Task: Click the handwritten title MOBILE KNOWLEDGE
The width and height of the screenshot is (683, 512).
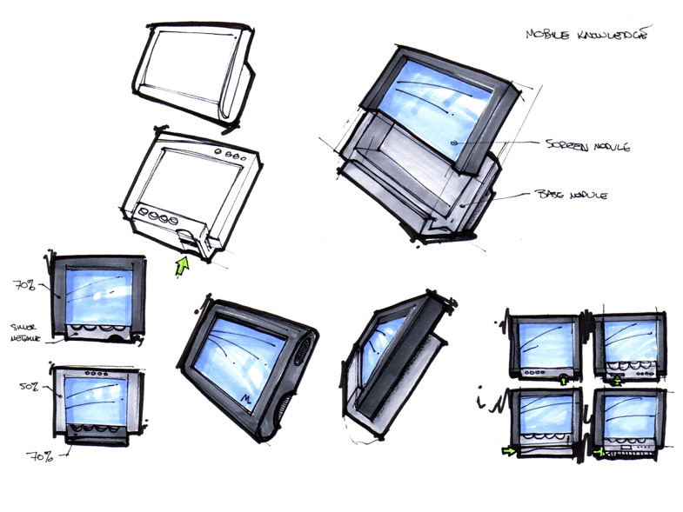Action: (x=589, y=35)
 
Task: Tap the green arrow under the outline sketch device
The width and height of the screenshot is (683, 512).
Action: (x=183, y=264)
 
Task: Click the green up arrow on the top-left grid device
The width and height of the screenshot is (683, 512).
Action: (x=565, y=378)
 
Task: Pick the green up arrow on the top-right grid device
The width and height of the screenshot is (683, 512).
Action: (x=617, y=379)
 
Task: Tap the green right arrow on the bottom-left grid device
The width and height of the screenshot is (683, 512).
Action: (x=507, y=451)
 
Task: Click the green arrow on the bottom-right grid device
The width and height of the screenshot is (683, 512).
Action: (x=599, y=453)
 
